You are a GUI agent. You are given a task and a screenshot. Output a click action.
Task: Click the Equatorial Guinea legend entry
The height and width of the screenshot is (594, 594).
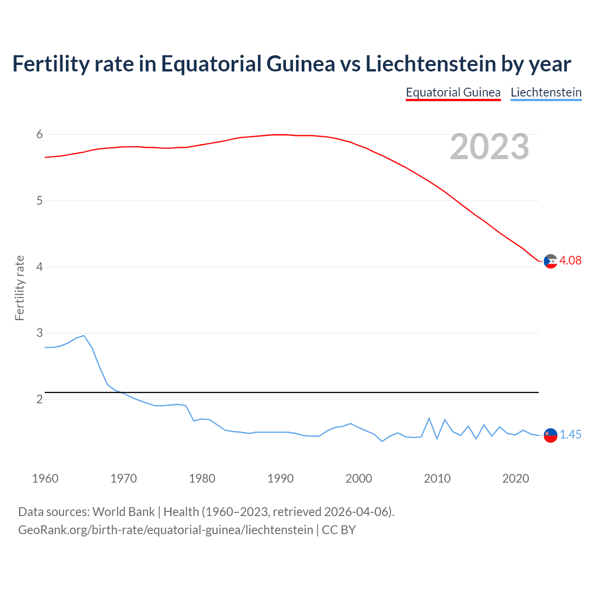[x=453, y=92]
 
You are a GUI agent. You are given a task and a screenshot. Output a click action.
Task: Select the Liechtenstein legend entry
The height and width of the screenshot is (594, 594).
[x=546, y=92]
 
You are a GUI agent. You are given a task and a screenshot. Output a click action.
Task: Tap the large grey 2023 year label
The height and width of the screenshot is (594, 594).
[x=489, y=147]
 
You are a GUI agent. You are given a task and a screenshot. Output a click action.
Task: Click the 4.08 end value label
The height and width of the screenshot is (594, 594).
[x=570, y=260]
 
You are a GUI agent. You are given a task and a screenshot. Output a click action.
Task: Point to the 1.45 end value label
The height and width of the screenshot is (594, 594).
[x=570, y=434]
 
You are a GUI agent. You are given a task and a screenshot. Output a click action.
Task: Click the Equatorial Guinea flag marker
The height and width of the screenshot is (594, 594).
[x=550, y=261]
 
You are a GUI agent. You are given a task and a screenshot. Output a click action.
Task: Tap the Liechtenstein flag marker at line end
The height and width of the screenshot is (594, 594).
[x=550, y=435]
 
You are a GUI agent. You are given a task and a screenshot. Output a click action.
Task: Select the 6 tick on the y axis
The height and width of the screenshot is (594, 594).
[x=39, y=135]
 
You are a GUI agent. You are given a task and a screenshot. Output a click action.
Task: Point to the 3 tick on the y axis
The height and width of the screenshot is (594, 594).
[x=39, y=333]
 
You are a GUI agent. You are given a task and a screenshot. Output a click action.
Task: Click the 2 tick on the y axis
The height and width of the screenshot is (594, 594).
[x=39, y=399]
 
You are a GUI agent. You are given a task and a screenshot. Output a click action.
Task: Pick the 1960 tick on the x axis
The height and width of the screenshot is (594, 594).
[x=45, y=478]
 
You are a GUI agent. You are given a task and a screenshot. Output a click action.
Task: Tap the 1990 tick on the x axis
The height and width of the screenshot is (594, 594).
[x=280, y=478]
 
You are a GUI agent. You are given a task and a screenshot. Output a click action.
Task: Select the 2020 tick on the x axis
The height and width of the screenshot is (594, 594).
[x=516, y=478]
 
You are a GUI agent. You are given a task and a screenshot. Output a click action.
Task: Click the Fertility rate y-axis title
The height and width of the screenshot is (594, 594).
[x=19, y=288]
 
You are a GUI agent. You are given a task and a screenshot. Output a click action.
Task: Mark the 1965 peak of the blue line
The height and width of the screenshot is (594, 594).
[x=84, y=335]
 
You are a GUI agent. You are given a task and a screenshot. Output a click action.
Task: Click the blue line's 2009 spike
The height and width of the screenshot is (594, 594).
[x=429, y=418]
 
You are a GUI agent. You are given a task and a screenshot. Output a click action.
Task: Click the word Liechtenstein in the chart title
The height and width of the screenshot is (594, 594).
[x=431, y=64]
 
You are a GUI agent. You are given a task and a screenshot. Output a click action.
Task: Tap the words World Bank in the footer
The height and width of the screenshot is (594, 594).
[x=123, y=512]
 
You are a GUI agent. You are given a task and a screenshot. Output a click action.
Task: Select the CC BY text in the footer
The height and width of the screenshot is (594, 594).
[x=339, y=530]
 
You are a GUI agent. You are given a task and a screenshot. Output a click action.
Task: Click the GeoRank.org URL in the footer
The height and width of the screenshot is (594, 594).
[x=165, y=530]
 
